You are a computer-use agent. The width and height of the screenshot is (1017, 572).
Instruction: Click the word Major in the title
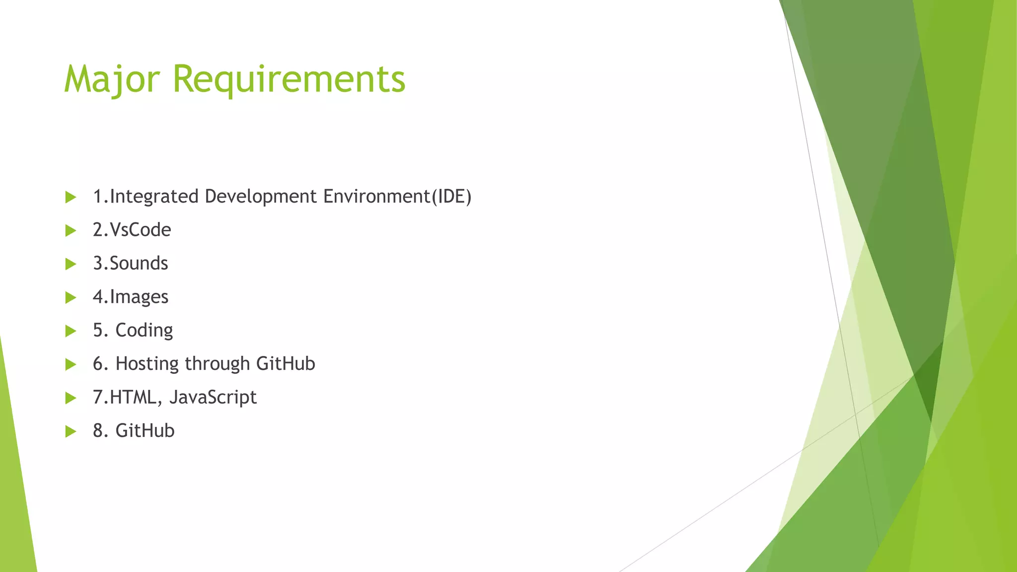112,79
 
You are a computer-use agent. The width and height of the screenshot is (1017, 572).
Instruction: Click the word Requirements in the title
289,79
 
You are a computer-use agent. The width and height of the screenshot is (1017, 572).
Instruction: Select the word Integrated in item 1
154,197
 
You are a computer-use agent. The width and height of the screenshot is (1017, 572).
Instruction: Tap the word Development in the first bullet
261,197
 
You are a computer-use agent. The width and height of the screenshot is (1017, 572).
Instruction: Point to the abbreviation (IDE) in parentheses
451,197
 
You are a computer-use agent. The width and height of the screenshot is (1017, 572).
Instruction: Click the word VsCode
140,230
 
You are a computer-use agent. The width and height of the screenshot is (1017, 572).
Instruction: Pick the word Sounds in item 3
139,263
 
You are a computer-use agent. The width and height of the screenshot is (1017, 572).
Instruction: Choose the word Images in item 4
139,297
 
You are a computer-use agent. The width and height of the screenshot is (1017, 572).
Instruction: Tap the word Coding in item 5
144,330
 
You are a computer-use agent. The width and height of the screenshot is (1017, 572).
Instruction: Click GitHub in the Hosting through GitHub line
286,364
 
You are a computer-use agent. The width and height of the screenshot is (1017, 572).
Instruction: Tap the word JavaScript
213,397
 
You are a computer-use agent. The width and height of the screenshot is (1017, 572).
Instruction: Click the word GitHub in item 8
145,430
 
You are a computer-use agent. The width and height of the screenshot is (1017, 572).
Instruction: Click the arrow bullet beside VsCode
71,230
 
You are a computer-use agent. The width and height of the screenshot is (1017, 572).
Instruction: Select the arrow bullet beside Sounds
71,264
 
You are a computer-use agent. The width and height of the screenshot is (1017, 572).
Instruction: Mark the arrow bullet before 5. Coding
71,331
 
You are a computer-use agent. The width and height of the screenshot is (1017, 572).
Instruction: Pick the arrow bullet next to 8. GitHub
71,431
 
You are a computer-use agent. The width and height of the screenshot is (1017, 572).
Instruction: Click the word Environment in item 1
376,197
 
